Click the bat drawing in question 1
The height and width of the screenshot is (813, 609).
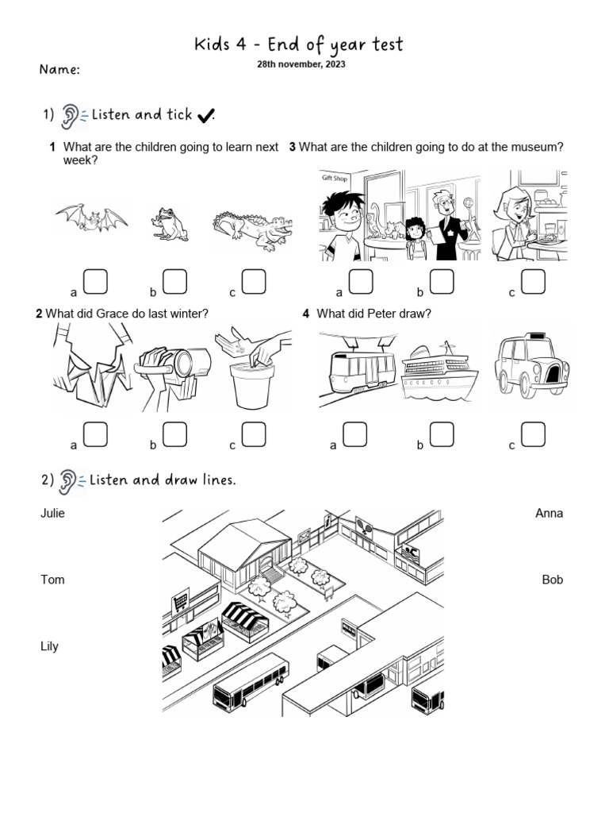coord(91,218)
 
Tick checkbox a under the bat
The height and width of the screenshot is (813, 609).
coord(95,281)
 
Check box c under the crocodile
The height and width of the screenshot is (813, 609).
coord(253,281)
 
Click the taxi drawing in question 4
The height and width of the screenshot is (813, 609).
coord(531,365)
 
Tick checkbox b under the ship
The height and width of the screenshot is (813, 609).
coord(442,434)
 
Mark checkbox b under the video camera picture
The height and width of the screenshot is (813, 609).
coord(174,434)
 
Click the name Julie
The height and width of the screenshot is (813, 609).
coord(52,513)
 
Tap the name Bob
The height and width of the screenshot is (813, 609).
coord(552,580)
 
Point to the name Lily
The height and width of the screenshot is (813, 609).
coord(49,646)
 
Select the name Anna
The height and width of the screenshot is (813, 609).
coord(549,513)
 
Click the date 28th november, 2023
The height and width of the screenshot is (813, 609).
coord(301,64)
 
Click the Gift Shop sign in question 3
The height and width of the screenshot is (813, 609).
coord(335,179)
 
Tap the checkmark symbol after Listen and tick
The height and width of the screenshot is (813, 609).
coord(205,116)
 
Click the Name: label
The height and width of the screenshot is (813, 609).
coord(59,70)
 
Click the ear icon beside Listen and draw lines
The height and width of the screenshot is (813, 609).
coord(70,480)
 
